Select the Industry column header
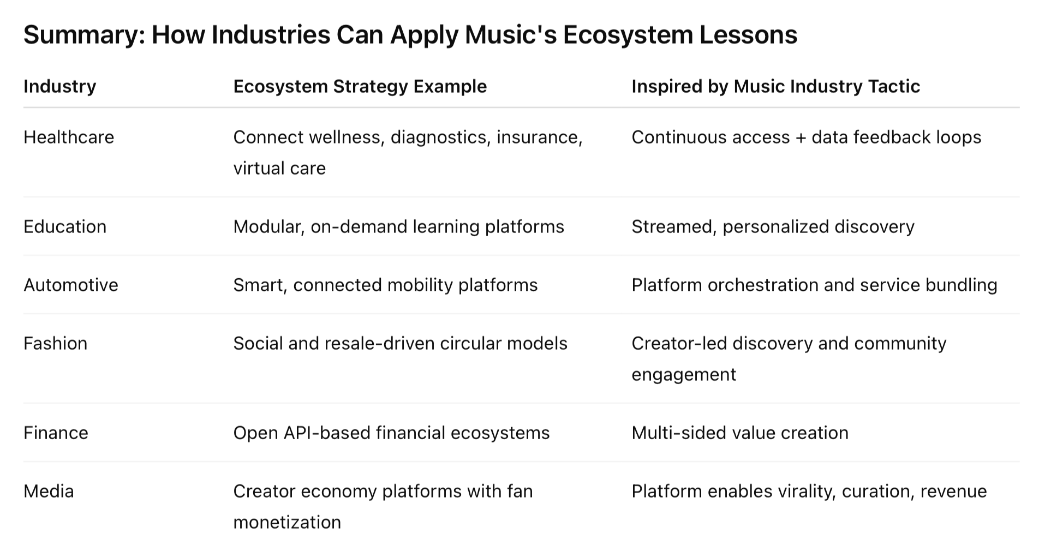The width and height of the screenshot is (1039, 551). tap(60, 86)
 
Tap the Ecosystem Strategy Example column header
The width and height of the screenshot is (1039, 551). tap(360, 86)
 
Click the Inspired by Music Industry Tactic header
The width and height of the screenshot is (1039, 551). tap(776, 86)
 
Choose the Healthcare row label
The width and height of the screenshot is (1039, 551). tap(69, 137)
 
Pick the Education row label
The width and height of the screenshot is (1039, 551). tap(65, 226)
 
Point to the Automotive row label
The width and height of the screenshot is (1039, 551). tap(71, 285)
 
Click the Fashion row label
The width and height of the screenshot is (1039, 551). tap(56, 343)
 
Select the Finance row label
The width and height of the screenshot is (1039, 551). tap(56, 433)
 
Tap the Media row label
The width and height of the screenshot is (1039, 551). tap(49, 491)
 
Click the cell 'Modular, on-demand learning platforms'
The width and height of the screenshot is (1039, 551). tap(399, 226)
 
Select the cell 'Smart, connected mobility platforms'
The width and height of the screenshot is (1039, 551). tap(386, 285)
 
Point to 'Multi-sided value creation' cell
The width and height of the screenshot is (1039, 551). tap(740, 433)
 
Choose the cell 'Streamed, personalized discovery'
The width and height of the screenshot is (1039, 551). tap(773, 226)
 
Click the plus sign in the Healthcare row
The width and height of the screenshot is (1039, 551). tap(801, 137)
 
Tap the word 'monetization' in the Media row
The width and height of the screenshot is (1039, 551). tap(287, 522)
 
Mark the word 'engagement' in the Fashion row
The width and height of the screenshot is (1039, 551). tap(684, 375)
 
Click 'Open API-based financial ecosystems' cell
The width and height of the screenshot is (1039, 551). tap(392, 433)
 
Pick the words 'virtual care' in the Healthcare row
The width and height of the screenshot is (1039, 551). tap(279, 168)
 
